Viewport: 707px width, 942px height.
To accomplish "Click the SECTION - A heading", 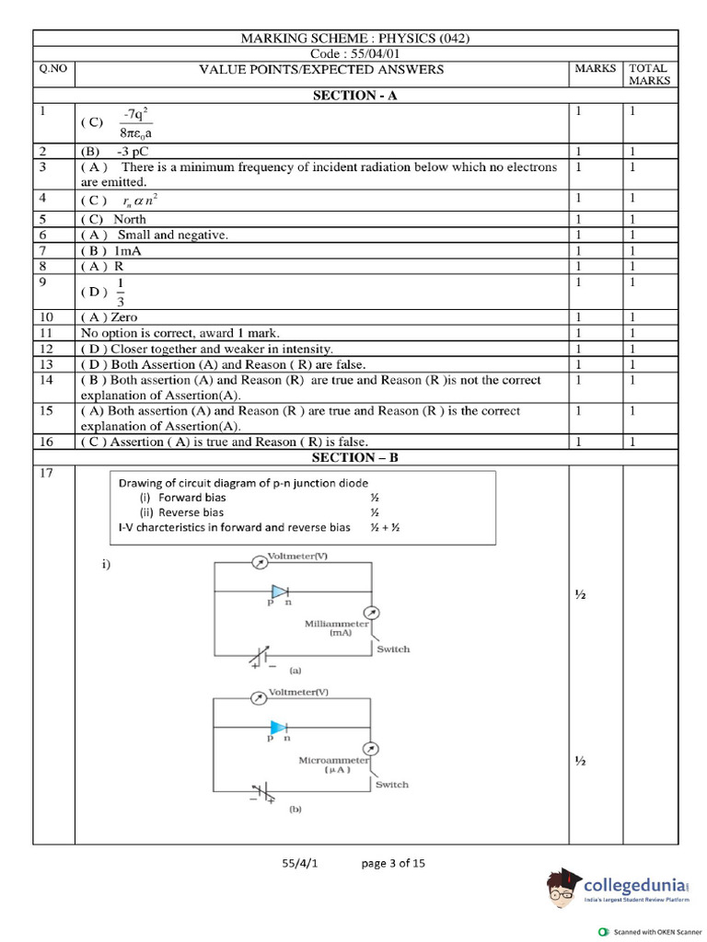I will click(x=354, y=95).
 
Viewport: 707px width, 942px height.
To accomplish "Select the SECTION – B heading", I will click(x=354, y=457).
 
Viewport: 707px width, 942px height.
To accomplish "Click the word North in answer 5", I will click(x=130, y=219).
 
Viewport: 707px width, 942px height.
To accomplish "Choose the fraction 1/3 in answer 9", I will click(x=121, y=292).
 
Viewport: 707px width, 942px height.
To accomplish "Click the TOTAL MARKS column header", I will click(x=650, y=75).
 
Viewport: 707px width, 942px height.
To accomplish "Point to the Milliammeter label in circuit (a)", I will click(x=336, y=628).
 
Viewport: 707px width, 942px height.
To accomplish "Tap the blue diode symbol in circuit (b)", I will click(x=278, y=728).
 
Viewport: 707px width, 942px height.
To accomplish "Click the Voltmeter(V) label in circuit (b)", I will click(x=297, y=691).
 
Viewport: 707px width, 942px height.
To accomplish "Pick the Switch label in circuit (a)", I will click(x=393, y=649).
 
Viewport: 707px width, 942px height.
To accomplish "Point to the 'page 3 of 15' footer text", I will click(x=393, y=863).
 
